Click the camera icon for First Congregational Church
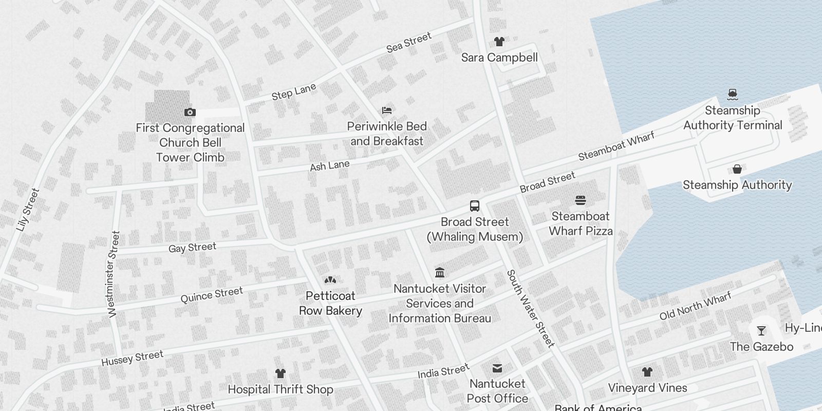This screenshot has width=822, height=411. pyautogui.click(x=190, y=112)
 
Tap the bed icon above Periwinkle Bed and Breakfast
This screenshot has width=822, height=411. pyautogui.click(x=387, y=110)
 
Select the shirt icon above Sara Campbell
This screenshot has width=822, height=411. pyautogui.click(x=499, y=42)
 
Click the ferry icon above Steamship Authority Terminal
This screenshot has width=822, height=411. pyautogui.click(x=733, y=94)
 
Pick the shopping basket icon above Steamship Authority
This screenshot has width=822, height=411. pyautogui.click(x=737, y=169)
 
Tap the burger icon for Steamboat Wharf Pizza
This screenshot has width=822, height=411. pyautogui.click(x=581, y=200)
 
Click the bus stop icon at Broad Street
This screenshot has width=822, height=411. pyautogui.click(x=475, y=206)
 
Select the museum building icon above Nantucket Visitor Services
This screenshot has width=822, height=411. pyautogui.click(x=440, y=272)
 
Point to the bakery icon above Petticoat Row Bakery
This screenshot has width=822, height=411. pyautogui.click(x=330, y=280)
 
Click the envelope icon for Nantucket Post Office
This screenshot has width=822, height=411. pyautogui.click(x=497, y=368)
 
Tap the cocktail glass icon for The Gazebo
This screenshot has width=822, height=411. pyautogui.click(x=761, y=331)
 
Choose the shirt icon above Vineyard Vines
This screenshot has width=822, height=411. pyautogui.click(x=647, y=371)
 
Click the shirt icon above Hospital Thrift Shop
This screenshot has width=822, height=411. pyautogui.click(x=280, y=373)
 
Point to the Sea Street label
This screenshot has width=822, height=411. pyautogui.click(x=409, y=43)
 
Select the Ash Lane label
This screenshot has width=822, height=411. pyautogui.click(x=329, y=166)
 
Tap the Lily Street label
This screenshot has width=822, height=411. pyautogui.click(x=28, y=210)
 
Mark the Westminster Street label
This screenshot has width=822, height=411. pyautogui.click(x=114, y=274)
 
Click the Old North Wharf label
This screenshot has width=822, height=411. pyautogui.click(x=695, y=306)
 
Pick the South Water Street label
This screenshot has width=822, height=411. pyautogui.click(x=530, y=308)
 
